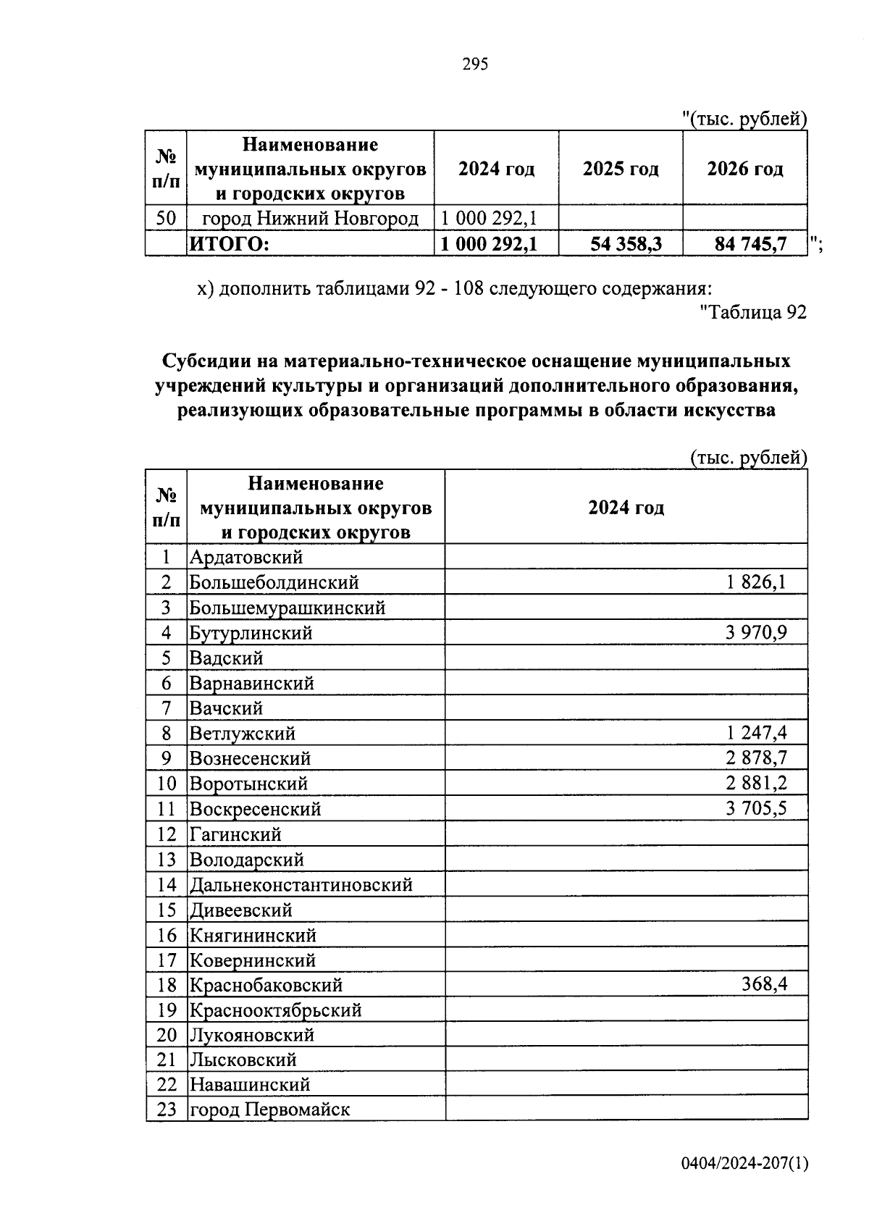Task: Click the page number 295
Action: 475,64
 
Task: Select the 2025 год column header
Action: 621,169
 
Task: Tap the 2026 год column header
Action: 744,169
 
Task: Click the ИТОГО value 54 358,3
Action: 626,244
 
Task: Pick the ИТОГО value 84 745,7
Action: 750,244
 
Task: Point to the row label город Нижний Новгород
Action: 310,218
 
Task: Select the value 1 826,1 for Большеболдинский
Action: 756,582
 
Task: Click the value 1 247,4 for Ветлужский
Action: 756,733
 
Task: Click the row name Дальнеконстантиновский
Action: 301,884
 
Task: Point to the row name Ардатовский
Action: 245,557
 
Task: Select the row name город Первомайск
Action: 269,1109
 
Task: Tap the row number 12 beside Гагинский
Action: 166,834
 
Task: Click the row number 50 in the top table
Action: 166,218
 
